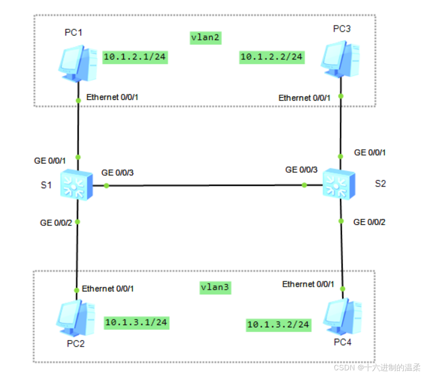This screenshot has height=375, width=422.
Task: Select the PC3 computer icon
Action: (341, 58)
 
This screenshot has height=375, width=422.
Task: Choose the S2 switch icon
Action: (339, 185)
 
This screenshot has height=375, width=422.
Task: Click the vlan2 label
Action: (205, 38)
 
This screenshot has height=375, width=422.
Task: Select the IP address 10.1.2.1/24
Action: (135, 57)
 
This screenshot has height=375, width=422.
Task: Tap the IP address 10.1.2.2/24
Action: (272, 57)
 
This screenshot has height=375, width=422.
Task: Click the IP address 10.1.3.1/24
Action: (136, 322)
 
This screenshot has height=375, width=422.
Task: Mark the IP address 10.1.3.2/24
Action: (278, 325)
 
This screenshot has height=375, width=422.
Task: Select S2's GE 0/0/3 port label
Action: (301, 170)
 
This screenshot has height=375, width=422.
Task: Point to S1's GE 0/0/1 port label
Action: (50, 161)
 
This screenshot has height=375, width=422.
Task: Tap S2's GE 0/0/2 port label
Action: (370, 222)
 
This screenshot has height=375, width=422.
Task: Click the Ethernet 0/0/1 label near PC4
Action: (308, 284)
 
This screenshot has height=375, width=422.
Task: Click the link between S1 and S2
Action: (205, 186)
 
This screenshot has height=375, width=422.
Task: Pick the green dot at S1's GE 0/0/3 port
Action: (107, 186)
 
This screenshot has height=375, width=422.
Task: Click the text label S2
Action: (380, 184)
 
